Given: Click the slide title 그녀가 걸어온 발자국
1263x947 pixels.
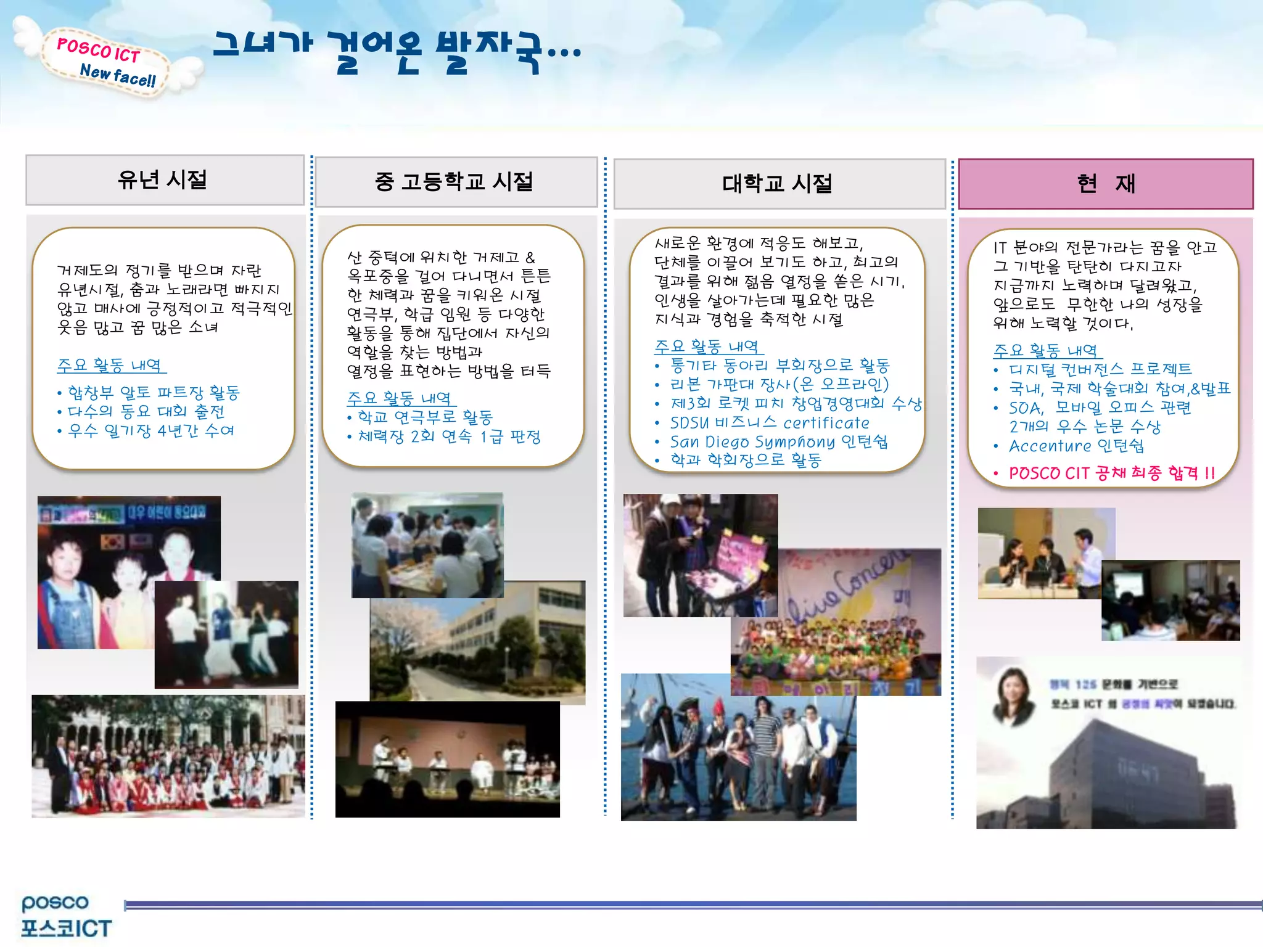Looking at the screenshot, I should pyautogui.click(x=397, y=52).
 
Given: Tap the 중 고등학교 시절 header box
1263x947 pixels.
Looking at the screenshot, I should pyautogui.click(x=456, y=182).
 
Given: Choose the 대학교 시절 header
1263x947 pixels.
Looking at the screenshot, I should pyautogui.click(x=779, y=184).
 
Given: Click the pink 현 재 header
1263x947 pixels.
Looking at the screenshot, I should pyautogui.click(x=1105, y=184).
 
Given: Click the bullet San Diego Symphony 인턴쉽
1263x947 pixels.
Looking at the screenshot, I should pyautogui.click(x=778, y=441).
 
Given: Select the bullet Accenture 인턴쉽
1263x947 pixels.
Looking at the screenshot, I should pyautogui.click(x=1076, y=446).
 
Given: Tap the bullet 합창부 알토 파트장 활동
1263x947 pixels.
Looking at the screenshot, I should pyautogui.click(x=153, y=392).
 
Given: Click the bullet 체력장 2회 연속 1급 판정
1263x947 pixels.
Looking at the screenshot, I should pyautogui.click(x=449, y=437).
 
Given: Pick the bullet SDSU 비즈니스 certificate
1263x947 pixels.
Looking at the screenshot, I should pyautogui.click(x=770, y=423).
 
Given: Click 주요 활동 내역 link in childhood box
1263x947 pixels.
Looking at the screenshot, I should pyautogui.click(x=111, y=365).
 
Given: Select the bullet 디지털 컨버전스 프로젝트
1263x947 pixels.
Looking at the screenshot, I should pyautogui.click(x=1100, y=369).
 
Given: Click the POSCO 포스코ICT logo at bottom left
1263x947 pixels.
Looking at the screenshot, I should pyautogui.click(x=65, y=916).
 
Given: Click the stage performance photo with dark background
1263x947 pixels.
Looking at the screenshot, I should pyautogui.click(x=447, y=760).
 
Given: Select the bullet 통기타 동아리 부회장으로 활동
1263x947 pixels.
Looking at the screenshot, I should pyautogui.click(x=780, y=366).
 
